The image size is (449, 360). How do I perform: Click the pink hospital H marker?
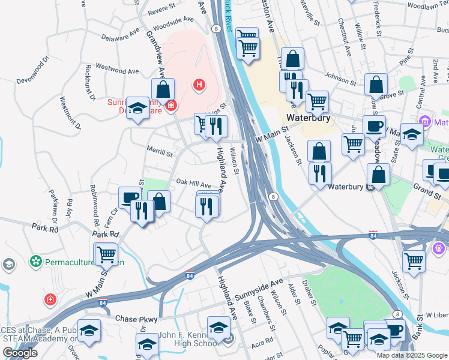tap(199, 86)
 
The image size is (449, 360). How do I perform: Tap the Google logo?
tap(20, 353)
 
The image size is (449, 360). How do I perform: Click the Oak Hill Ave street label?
tap(194, 185)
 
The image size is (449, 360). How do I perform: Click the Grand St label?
tap(427, 190)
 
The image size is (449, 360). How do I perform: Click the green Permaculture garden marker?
tap(37, 262)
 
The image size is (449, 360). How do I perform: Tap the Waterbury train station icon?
tap(371, 187)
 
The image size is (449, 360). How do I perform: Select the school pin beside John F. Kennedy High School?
tap(218, 328)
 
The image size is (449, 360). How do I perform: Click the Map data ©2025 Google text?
tap(412, 355)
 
